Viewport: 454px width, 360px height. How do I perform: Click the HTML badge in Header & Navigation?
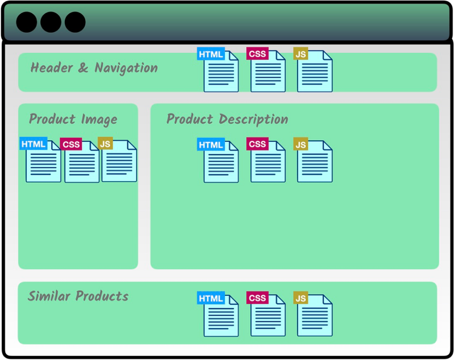pos(211,54)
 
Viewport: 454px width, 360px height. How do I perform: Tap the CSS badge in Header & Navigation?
pos(257,54)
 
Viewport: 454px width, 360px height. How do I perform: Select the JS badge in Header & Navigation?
pos(301,54)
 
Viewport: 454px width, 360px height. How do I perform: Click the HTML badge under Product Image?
pos(33,144)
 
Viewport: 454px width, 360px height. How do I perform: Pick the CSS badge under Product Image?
pos(71,144)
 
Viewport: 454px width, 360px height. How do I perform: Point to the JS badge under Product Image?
pos(105,144)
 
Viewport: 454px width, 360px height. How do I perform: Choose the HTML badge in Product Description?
pos(211,144)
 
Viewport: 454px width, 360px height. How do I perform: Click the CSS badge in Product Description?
pos(257,144)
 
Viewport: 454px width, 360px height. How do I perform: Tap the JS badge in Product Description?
pos(301,144)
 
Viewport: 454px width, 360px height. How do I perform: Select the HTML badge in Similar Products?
pos(211,298)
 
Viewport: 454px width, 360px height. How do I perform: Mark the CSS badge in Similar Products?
pos(257,298)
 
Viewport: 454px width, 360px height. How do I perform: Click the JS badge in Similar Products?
pos(301,298)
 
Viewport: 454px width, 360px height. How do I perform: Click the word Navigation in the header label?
pos(126,68)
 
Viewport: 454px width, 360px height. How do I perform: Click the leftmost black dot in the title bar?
pos(27,22)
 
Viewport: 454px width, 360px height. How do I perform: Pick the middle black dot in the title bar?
pos(51,22)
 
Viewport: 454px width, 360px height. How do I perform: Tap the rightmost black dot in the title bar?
pos(75,22)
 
